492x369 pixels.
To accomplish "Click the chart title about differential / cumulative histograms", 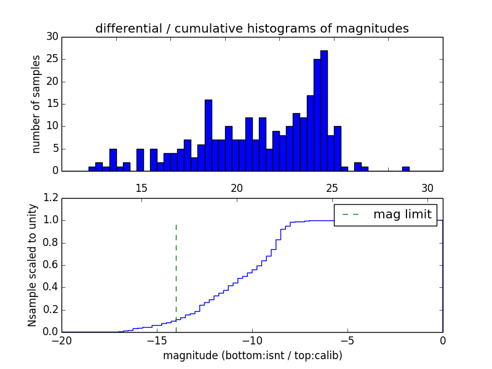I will [252, 29].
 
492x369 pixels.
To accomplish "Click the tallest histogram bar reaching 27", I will [324, 111].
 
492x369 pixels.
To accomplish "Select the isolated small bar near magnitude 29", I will [406, 169].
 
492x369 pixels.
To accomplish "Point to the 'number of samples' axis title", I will [36, 104].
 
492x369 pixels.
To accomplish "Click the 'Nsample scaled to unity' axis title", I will [32, 264].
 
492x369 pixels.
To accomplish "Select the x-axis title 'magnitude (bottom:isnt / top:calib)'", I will [252, 355].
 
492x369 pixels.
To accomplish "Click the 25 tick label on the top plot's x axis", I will [332, 188].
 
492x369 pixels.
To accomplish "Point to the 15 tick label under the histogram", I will [141, 188].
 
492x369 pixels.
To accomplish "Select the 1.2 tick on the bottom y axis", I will [49, 198].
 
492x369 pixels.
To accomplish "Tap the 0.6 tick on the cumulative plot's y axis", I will [49, 265].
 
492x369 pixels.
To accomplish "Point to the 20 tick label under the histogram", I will [237, 188].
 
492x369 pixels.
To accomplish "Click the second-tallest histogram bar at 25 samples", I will [317, 115].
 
